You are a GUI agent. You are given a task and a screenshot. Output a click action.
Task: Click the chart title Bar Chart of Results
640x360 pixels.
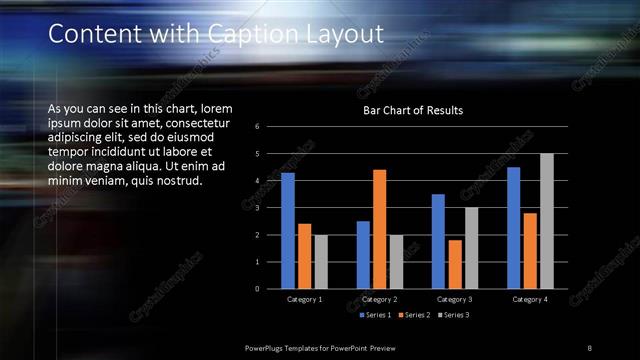412,110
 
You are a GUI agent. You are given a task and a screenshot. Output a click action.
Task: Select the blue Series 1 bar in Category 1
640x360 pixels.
288,231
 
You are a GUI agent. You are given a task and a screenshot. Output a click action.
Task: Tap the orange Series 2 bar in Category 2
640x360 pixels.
379,229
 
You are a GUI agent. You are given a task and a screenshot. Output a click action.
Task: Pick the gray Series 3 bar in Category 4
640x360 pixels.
546,221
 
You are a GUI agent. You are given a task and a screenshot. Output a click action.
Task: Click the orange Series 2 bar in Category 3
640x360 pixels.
455,264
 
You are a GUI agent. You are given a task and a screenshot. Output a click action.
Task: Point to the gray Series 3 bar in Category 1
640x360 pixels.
321,262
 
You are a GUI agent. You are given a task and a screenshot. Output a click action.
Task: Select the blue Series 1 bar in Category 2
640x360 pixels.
362,255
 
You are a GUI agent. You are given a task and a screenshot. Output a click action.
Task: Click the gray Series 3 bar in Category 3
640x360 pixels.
471,248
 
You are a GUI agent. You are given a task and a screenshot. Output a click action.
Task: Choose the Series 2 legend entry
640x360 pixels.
412,315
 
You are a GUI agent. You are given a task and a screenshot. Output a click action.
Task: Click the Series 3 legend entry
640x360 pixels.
453,315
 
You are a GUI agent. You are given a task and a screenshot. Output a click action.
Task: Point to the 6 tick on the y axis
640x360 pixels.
258,127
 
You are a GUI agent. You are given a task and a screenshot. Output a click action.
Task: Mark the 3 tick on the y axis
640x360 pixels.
258,208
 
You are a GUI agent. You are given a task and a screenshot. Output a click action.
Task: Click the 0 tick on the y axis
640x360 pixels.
258,289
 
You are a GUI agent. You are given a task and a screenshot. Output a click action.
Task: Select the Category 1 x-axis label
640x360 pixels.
305,299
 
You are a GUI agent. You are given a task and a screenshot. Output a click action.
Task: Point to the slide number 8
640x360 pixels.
589,347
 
